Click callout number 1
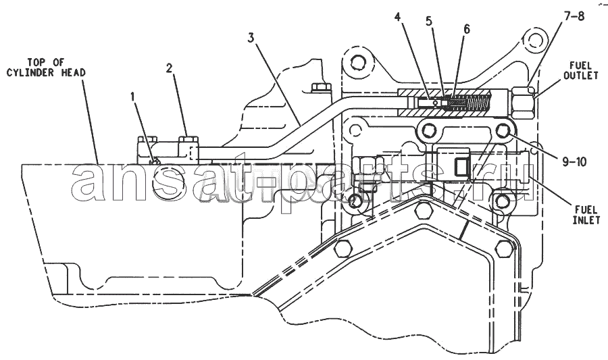point(134,97)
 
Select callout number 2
point(169,69)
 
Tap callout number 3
point(251,38)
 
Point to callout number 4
point(397,17)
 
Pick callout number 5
point(428,21)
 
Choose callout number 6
point(466,29)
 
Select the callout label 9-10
point(574,162)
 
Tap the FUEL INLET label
point(586,215)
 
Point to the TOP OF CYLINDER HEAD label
point(46,67)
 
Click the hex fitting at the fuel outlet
point(522,102)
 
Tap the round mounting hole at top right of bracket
point(535,40)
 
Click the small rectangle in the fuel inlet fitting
point(462,167)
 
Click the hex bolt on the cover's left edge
point(343,249)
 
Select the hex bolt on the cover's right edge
point(505,249)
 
